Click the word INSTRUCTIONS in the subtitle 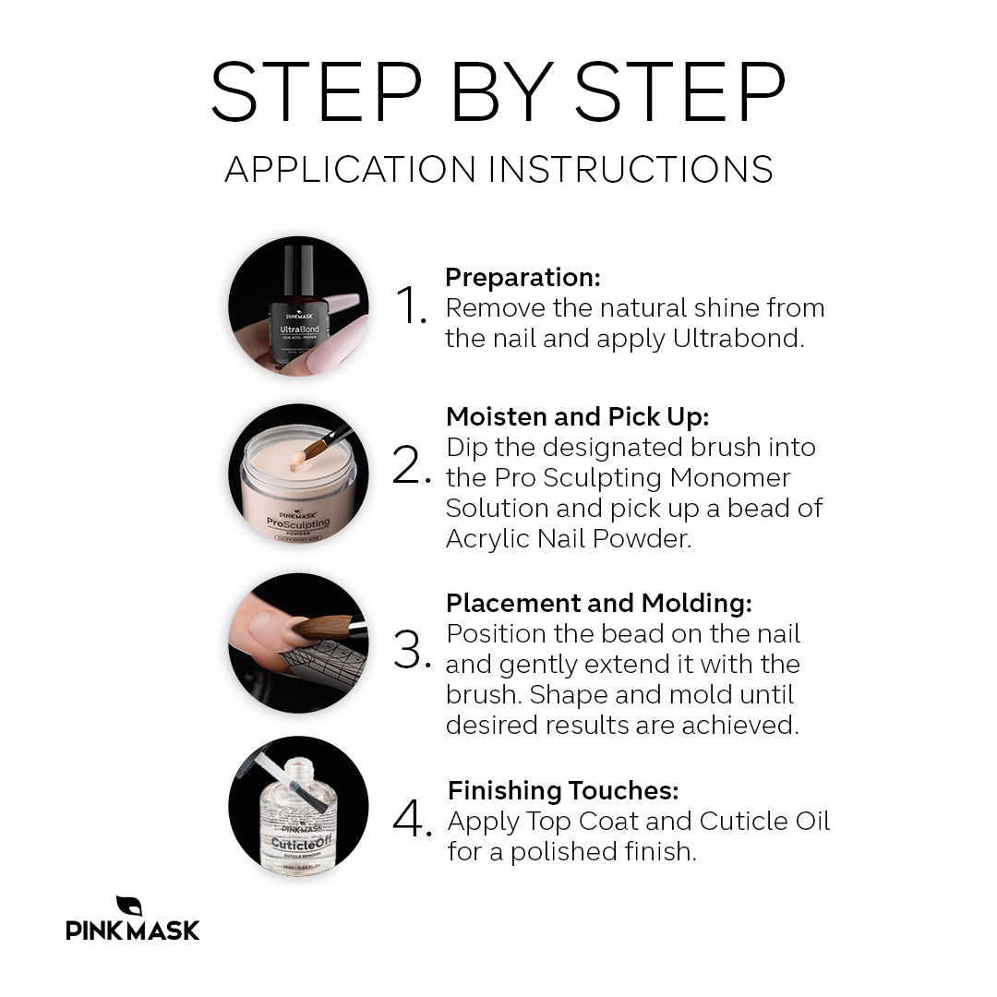click(631, 170)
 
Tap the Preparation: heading click(523, 277)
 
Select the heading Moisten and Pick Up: click(577, 417)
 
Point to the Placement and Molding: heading click(599, 604)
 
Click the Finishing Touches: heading click(563, 790)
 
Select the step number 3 click(412, 649)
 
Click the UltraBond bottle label click(299, 330)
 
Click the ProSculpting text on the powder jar click(297, 523)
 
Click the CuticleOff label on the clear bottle click(301, 843)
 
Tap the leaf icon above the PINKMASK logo click(129, 906)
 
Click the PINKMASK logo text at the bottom click(132, 931)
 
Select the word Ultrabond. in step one click(739, 338)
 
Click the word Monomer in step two click(730, 477)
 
